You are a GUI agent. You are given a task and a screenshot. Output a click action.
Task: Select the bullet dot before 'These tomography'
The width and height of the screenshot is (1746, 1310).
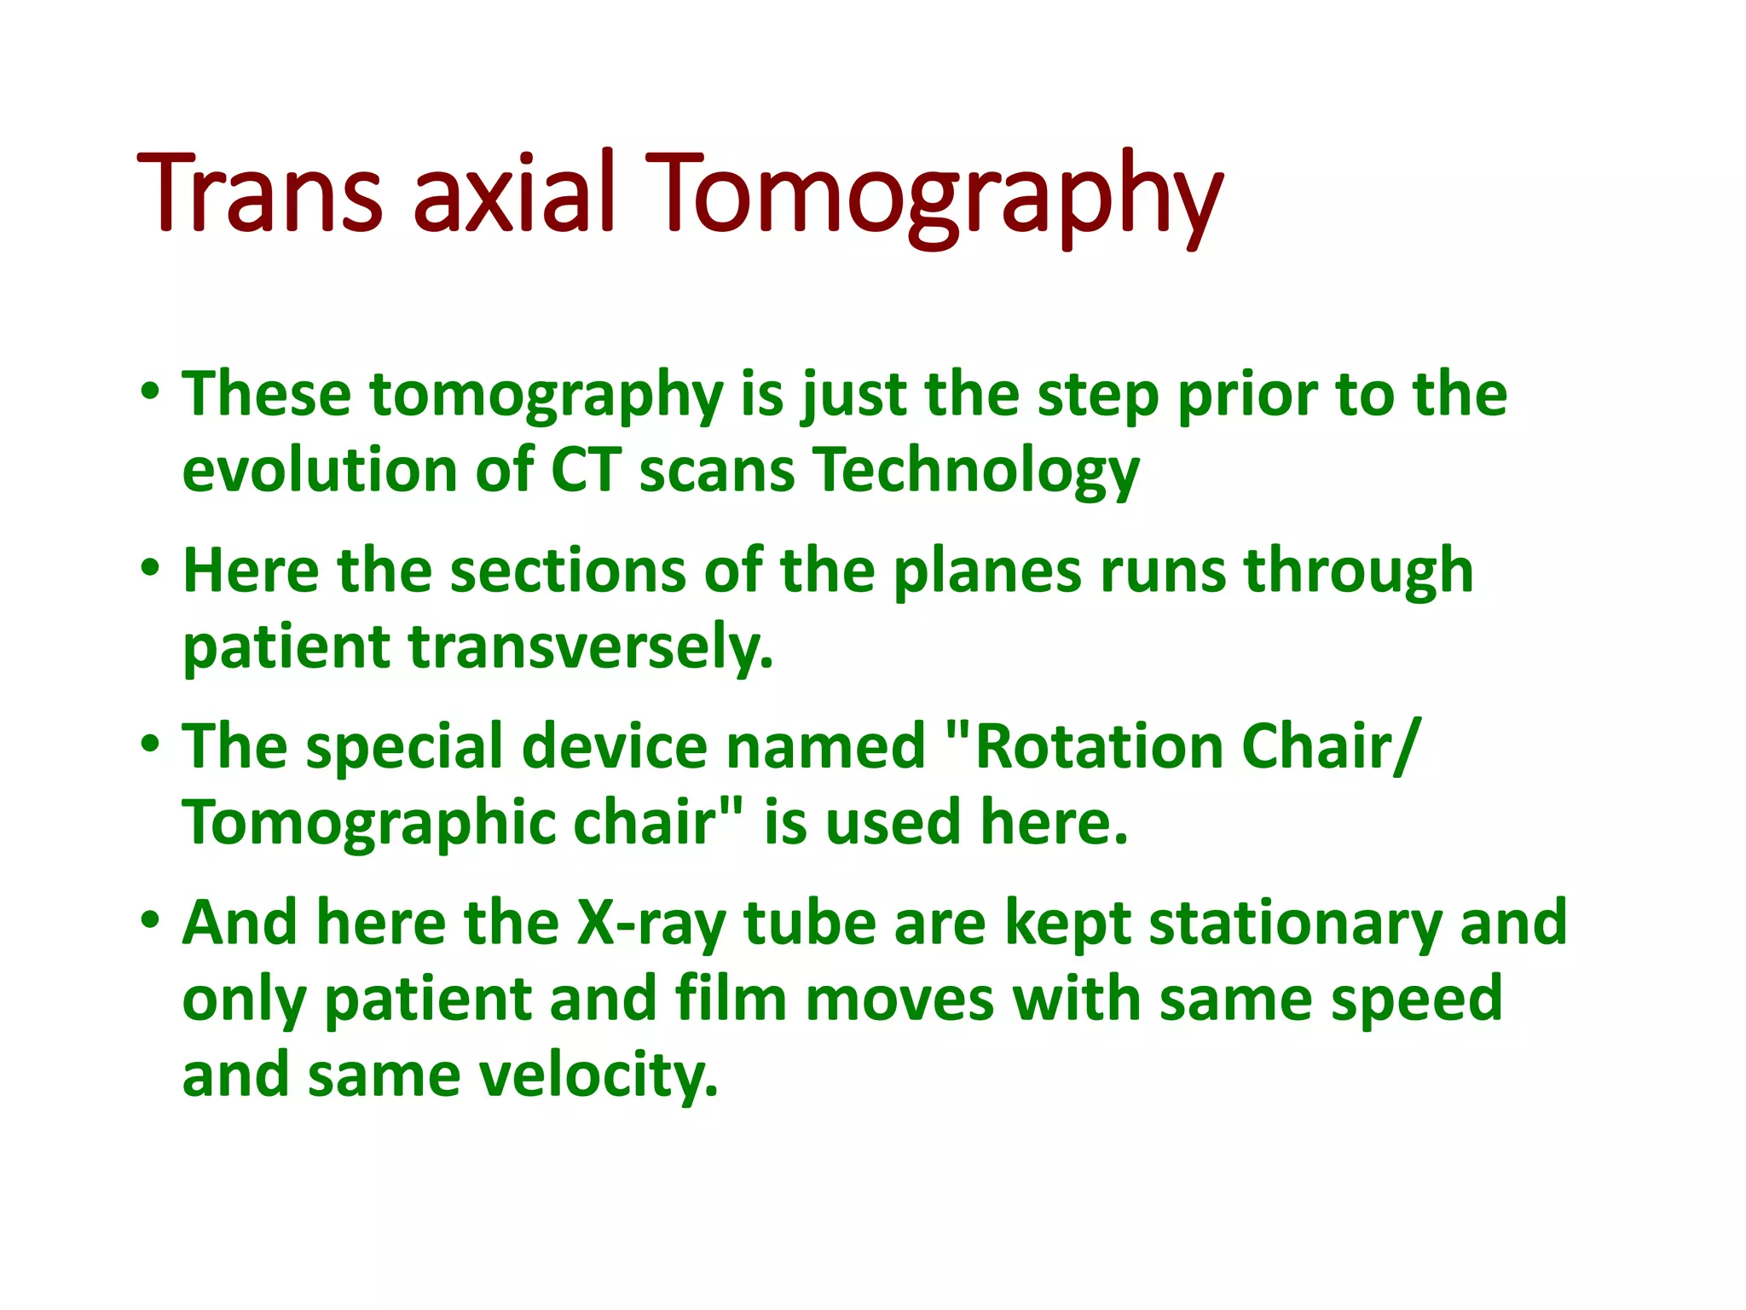point(150,394)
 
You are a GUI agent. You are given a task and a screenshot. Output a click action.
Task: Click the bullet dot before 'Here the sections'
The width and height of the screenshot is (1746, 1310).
point(150,570)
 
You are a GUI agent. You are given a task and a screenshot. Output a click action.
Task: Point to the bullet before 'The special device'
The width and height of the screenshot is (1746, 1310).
point(150,745)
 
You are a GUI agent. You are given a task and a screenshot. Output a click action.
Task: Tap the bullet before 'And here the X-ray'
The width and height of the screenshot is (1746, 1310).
point(150,922)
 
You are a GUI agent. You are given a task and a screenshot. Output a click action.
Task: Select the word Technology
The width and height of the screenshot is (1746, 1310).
point(975,472)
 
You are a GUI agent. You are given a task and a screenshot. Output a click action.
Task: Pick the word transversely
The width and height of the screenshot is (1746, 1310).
point(590,647)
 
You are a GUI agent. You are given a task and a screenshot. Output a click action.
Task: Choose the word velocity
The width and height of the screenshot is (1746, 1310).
point(598,1075)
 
